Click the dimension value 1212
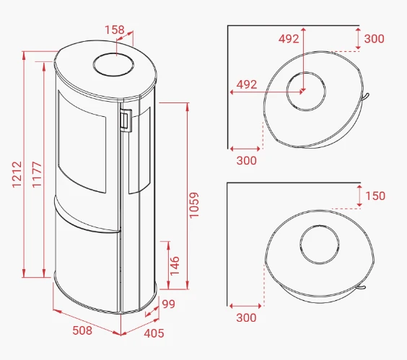coord(17,174)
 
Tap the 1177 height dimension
coord(37,174)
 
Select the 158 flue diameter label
coord(115,30)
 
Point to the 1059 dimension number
coord(194,205)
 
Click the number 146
coord(175,265)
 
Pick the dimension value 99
coord(168,304)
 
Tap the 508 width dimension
coord(82,330)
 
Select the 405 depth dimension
coord(154,333)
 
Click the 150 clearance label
coord(375,196)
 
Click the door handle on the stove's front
coord(126,120)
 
